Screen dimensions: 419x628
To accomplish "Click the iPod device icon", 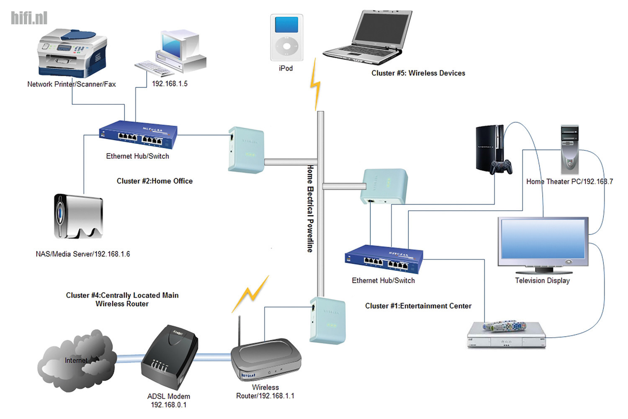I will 286,38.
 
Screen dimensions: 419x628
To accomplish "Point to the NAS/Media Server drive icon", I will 78,216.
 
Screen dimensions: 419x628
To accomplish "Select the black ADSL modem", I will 170,358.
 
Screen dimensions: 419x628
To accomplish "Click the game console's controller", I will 501,166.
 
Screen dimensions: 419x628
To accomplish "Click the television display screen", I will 543,239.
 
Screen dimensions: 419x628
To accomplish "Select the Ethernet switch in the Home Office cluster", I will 138,135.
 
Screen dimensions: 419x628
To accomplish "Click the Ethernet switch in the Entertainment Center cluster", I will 384,259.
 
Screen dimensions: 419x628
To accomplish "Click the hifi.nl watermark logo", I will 29,18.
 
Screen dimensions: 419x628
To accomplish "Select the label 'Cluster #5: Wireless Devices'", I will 418,73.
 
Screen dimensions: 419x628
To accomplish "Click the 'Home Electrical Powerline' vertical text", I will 310,208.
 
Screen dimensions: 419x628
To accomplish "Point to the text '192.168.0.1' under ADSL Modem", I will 169,405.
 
